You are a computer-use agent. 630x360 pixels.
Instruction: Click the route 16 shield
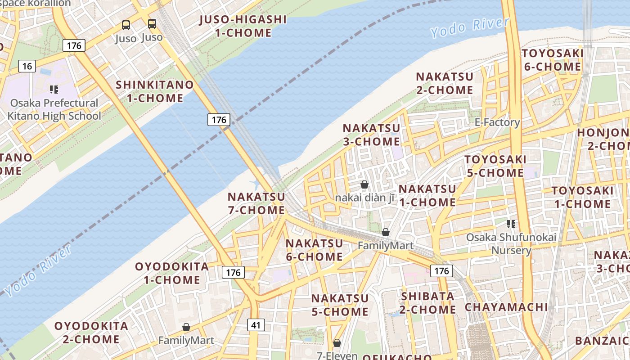click(27, 67)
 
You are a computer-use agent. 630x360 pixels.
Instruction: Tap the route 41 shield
click(256, 325)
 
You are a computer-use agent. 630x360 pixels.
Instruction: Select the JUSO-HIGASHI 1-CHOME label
click(243, 26)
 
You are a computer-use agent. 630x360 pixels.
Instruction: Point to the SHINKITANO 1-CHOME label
click(155, 91)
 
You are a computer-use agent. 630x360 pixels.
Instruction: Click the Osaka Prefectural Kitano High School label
click(54, 109)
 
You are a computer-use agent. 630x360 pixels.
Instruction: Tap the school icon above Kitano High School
click(54, 90)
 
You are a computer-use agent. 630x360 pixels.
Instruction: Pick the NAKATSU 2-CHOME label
click(444, 83)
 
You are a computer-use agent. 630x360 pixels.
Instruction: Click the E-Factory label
click(497, 122)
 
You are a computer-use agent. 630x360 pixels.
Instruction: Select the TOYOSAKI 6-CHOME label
click(552, 60)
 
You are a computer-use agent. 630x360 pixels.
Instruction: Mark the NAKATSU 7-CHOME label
click(256, 203)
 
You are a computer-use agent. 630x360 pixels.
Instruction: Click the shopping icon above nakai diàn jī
click(364, 184)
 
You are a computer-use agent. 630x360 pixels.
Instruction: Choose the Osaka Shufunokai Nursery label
click(511, 243)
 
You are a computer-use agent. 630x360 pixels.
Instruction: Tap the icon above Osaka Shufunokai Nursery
click(511, 224)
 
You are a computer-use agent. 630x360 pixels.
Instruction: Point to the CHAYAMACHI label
click(506, 307)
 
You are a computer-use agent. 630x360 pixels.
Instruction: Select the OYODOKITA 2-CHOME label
click(91, 332)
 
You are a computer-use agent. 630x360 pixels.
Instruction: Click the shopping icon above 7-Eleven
click(337, 343)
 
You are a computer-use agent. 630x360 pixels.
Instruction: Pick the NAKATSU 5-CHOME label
click(340, 305)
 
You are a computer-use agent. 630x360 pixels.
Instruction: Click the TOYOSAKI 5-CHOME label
click(495, 166)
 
